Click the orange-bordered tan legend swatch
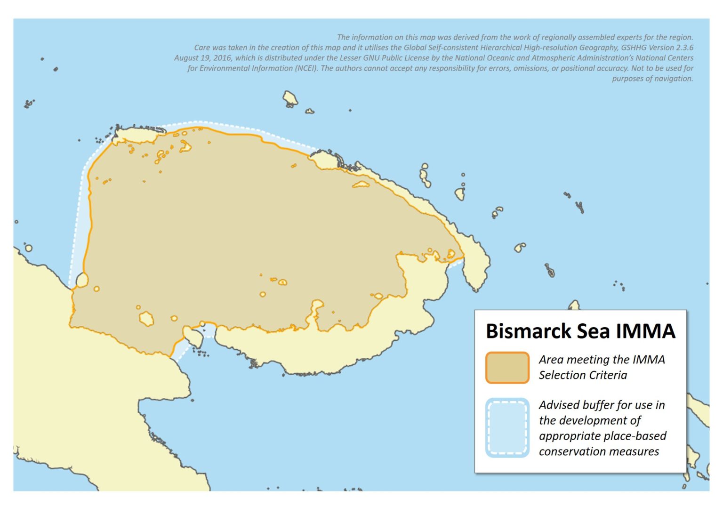[507, 367]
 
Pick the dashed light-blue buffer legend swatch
[507, 428]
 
